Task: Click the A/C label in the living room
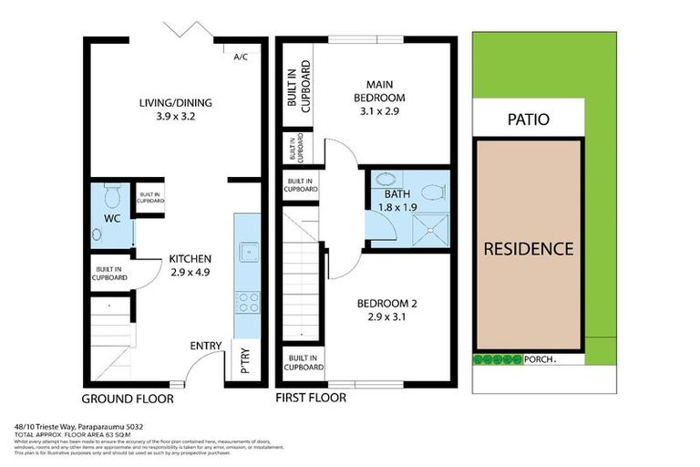[x=241, y=57]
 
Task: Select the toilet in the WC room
[x=113, y=195]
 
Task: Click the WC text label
[x=112, y=219]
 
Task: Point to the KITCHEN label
[x=190, y=259]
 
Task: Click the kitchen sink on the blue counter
[x=247, y=252]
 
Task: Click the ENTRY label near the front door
[x=205, y=345]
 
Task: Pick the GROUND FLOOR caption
[x=128, y=399]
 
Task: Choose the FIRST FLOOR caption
[x=313, y=399]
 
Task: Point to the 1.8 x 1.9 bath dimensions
[x=399, y=208]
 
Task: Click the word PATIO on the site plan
[x=529, y=120]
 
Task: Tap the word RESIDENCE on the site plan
[x=528, y=248]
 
